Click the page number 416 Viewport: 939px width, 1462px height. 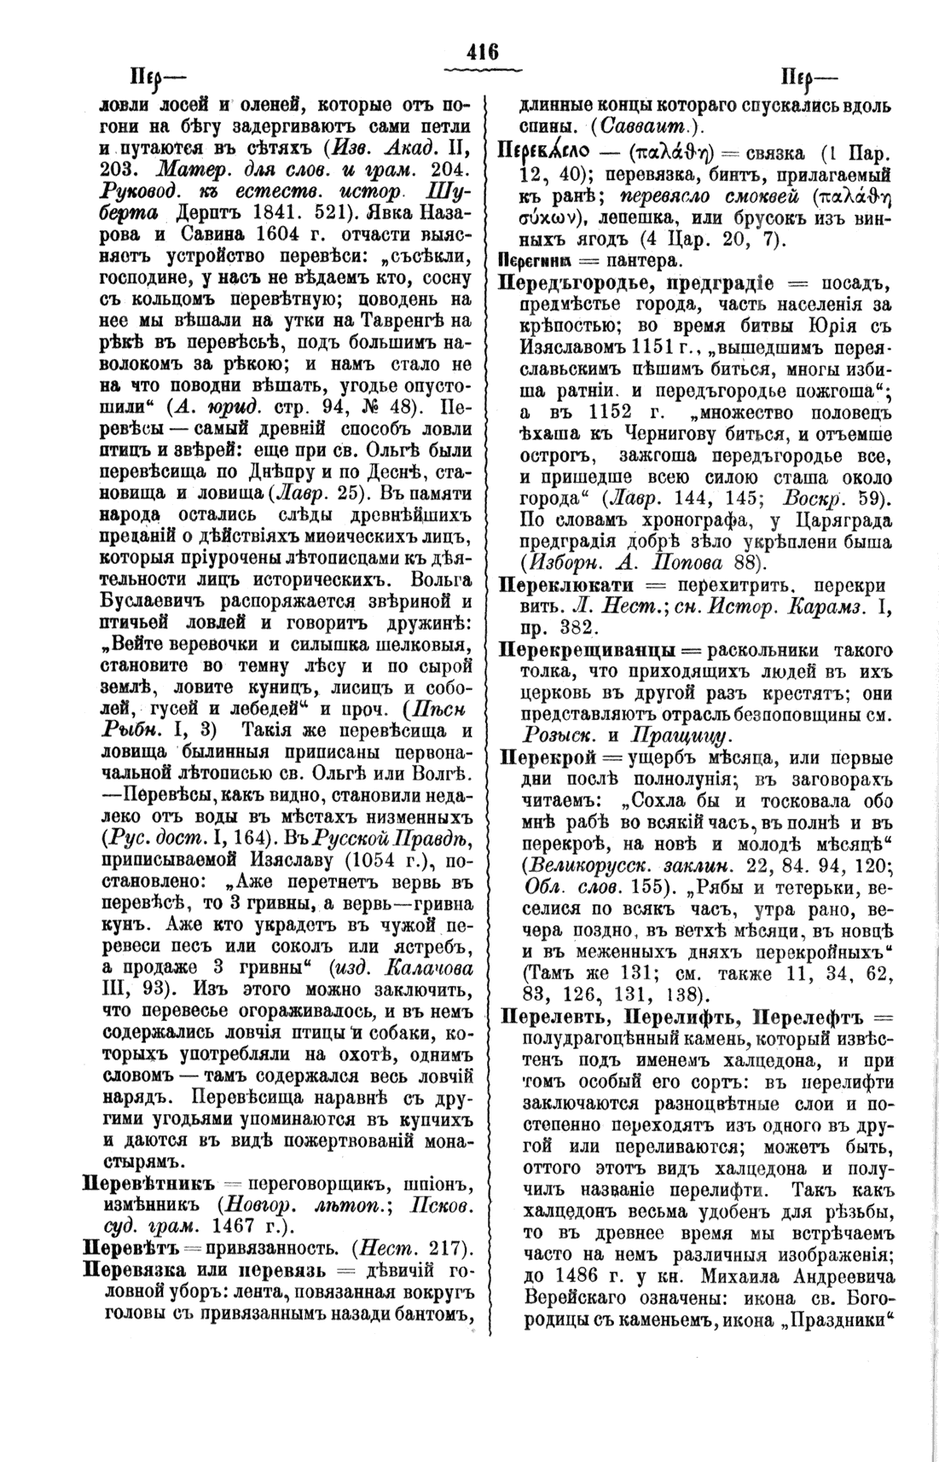(482, 51)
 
